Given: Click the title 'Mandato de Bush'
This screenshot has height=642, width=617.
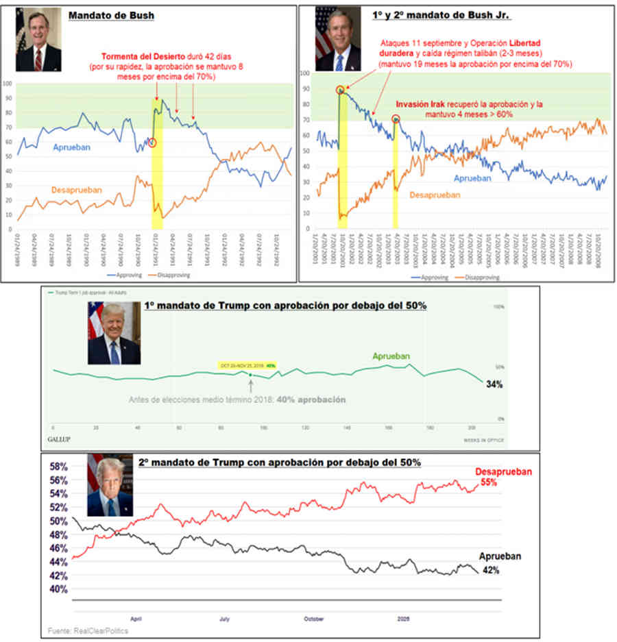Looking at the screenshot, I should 110,15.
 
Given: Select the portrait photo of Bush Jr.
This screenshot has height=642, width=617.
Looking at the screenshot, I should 337,40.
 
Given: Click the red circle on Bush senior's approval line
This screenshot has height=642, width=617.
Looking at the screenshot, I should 152,143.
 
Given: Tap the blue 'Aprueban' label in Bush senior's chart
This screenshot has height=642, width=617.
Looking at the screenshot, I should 71,147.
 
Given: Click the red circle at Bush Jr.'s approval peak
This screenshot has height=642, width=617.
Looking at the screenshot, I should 340,90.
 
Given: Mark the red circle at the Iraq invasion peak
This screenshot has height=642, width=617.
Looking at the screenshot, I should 396,119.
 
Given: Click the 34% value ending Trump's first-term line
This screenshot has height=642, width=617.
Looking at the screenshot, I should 495,385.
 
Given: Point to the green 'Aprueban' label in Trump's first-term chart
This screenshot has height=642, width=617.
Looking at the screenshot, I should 391,356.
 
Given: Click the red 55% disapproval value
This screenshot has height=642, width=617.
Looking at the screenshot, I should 488,482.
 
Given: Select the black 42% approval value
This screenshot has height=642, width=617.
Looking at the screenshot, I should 489,569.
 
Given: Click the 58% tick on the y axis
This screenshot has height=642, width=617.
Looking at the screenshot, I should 59,466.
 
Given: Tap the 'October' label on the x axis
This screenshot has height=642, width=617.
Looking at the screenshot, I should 313,618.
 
